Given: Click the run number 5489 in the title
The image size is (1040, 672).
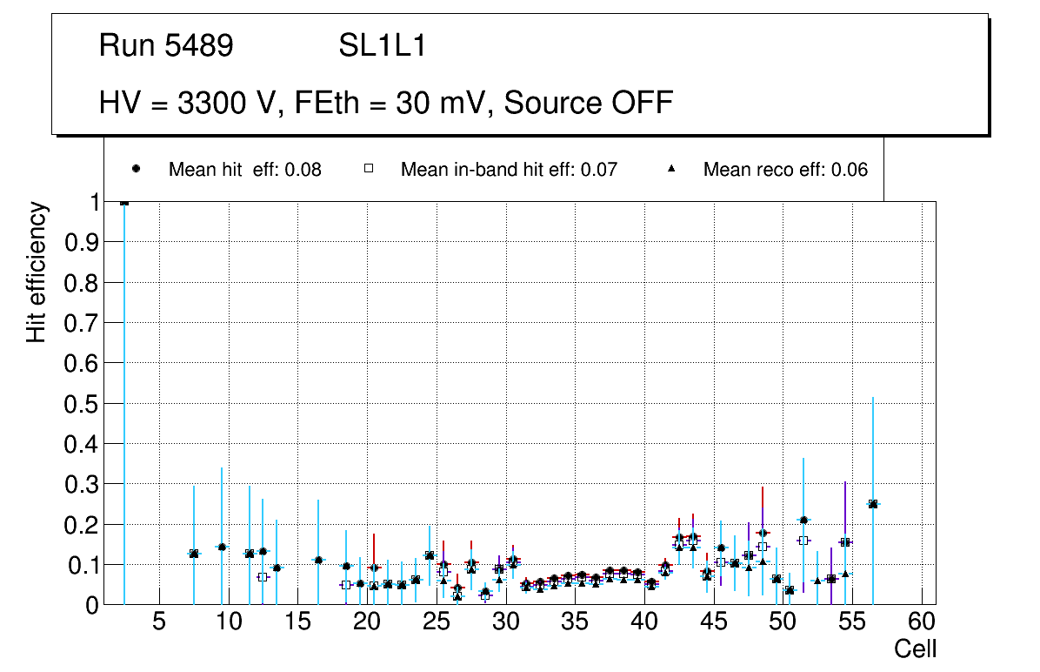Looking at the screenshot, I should coord(199,46).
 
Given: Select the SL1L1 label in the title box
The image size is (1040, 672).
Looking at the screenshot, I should coord(383,46).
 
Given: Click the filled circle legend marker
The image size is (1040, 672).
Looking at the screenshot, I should coord(136,169).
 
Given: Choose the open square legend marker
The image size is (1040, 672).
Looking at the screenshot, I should coord(368,169).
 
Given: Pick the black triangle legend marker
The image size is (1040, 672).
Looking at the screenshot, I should coord(670,169).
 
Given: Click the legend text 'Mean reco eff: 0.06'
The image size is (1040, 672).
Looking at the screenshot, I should coord(785,170).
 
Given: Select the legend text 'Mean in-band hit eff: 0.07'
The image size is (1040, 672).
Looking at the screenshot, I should coord(509,170).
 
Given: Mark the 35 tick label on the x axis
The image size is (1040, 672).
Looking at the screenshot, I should coord(574,622).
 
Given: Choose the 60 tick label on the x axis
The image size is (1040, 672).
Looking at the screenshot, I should coord(921,622).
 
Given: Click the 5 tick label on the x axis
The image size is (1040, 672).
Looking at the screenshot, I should coord(158,622).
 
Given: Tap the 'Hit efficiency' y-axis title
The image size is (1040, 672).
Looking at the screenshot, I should coord(36,272).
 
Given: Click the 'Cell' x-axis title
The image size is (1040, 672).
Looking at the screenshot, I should coord(916,648).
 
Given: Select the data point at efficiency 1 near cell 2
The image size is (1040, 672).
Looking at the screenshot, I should coord(124,202).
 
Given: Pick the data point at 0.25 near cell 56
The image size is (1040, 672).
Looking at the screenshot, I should coord(873,504).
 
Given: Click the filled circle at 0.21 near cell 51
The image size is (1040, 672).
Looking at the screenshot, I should coord(803,520).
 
